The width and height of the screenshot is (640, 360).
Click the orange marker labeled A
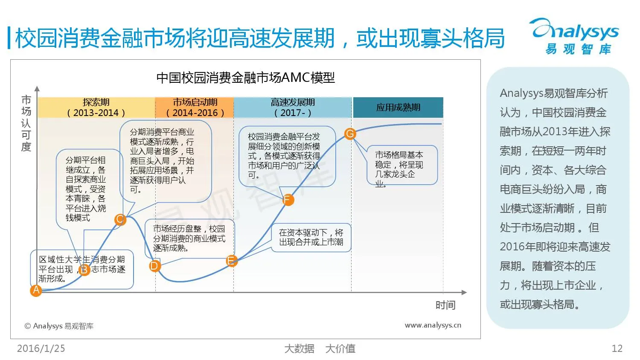tap(36, 290)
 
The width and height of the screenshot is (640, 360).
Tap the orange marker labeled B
tap(84, 270)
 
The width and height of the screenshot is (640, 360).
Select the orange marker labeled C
tap(120, 220)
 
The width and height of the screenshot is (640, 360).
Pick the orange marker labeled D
tap(154, 266)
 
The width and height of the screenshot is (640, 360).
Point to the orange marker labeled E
tap(231, 261)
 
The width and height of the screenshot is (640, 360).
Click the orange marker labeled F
tap(288, 200)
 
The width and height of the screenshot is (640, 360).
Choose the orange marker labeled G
tap(350, 134)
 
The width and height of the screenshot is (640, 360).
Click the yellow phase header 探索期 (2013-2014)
tap(96, 107)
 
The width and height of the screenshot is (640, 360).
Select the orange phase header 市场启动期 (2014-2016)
tap(195, 107)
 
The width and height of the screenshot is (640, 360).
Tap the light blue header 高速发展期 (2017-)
tap(293, 107)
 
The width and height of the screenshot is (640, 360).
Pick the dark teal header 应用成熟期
tap(398, 107)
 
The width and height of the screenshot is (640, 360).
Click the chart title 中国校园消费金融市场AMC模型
tap(245, 78)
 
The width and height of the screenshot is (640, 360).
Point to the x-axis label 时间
tap(445, 305)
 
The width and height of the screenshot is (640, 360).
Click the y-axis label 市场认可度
tap(26, 123)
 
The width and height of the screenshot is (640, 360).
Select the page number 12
tap(617, 348)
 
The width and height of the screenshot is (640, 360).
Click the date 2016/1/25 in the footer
tap(41, 348)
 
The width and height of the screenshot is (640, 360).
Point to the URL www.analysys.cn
tap(433, 325)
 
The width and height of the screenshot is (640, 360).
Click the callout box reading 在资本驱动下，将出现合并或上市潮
tap(311, 238)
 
